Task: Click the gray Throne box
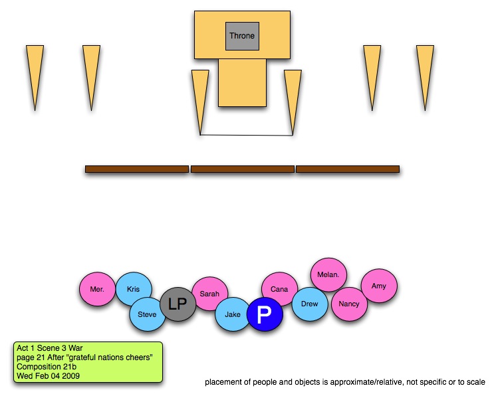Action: coord(242,35)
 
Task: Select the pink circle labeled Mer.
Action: coord(97,290)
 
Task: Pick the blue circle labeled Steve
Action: coord(147,314)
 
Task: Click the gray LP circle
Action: coord(178,304)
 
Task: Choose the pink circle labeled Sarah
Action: coord(210,293)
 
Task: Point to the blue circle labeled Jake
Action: coord(233,314)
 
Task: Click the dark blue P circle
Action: coord(265,316)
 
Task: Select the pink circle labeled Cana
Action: coord(279,289)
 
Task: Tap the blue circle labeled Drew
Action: coord(310,304)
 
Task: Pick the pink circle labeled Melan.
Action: coord(328,274)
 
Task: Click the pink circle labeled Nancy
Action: coord(348,304)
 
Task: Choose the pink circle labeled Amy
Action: coord(378,286)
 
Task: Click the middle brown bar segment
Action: coord(242,169)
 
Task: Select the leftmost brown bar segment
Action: coord(137,169)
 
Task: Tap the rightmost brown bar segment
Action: coord(347,169)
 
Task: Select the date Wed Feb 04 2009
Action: coord(48,376)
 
